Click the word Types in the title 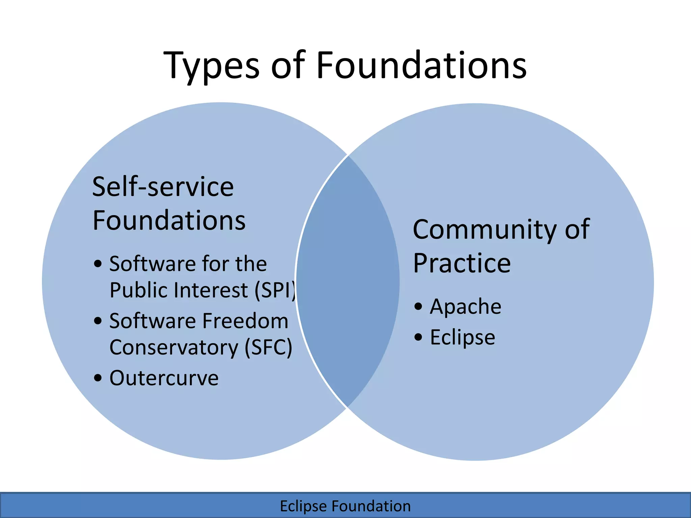211,66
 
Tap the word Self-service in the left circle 163,187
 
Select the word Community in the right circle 485,230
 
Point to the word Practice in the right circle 462,263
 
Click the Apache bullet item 466,307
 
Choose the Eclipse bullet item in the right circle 463,337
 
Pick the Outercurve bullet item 164,378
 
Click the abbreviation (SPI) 275,290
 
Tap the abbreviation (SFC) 268,348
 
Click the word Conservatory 174,348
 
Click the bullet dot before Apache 418,307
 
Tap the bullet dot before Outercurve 98,378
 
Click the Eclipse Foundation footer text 345,506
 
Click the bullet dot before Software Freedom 98,321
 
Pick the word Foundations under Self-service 169,221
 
